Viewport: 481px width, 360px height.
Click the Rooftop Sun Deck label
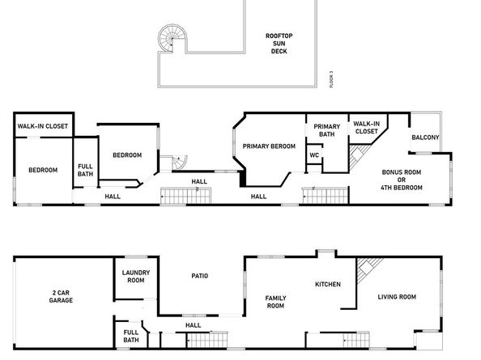pos(279,43)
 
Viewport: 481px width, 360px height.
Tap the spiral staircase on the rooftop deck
pos(171,37)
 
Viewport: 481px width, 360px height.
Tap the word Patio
pos(200,276)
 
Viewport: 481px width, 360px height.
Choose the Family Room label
pos(276,303)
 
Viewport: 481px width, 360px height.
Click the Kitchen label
pos(328,284)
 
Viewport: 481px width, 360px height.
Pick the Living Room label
pos(397,297)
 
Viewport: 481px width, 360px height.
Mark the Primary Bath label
pos(327,130)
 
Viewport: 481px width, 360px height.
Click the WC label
pos(314,155)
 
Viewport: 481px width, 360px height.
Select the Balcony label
pos(425,138)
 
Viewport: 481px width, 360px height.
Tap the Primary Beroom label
pos(266,146)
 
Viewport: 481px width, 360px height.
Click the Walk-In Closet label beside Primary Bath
pos(366,127)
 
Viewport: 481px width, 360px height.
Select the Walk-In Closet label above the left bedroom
pos(43,126)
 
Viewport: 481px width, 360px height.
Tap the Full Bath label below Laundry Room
pos(131,337)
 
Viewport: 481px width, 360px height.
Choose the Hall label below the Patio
pos(194,325)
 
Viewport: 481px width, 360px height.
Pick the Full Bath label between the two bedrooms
pos(85,171)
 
